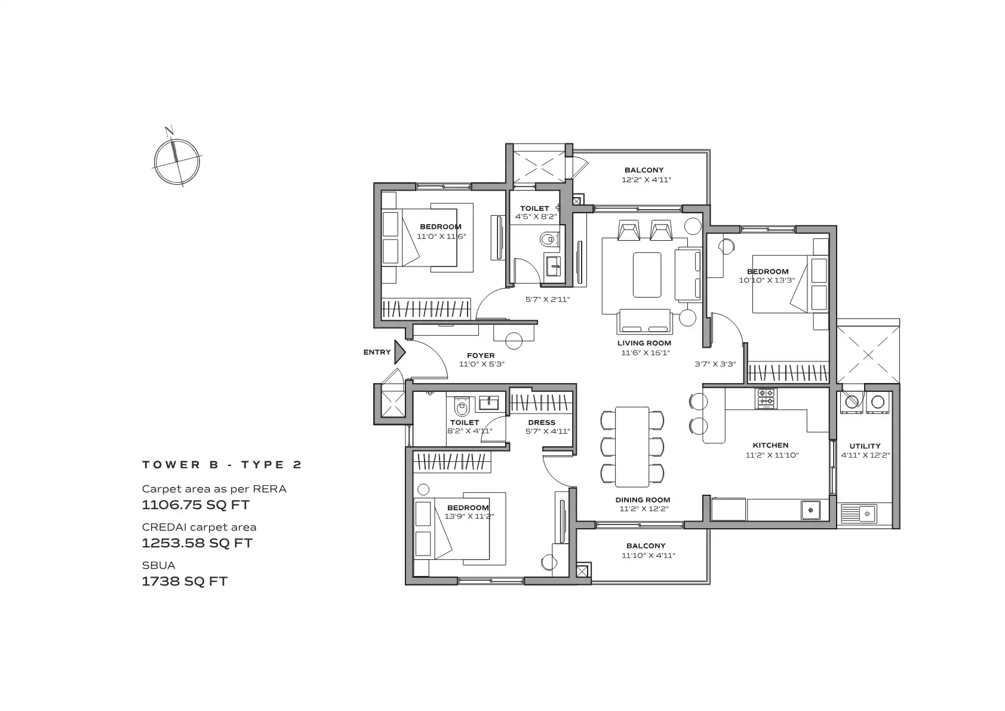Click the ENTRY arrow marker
click(x=399, y=352)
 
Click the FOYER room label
click(x=481, y=355)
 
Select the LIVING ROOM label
click(x=644, y=343)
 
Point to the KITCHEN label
click(x=770, y=445)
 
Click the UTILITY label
click(x=865, y=446)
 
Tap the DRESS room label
click(x=542, y=422)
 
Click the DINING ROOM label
click(x=643, y=499)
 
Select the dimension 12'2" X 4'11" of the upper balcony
click(x=646, y=180)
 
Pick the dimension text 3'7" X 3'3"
click(x=715, y=364)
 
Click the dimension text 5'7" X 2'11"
click(x=548, y=299)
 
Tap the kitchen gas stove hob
click(x=766, y=398)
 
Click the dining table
click(x=632, y=447)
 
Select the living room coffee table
click(x=647, y=275)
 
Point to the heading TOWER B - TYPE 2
click(x=222, y=465)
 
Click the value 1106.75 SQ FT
click(x=196, y=504)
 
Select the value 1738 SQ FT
click(x=185, y=581)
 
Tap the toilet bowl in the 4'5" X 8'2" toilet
click(x=548, y=240)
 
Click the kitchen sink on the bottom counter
click(x=811, y=510)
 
